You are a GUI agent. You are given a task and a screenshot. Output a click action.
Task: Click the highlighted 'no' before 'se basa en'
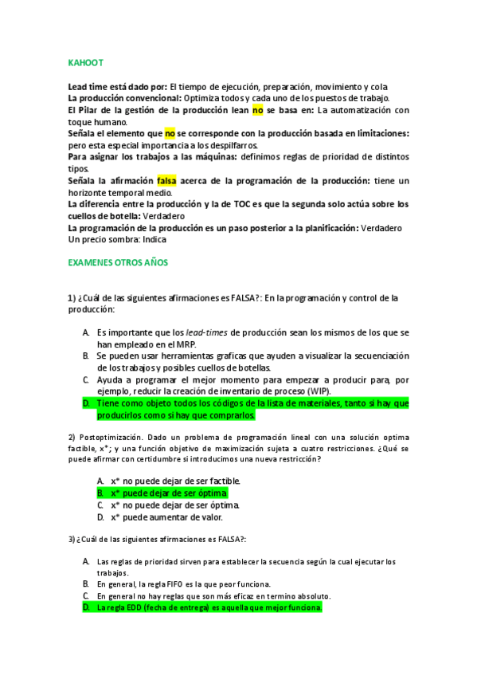257,110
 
